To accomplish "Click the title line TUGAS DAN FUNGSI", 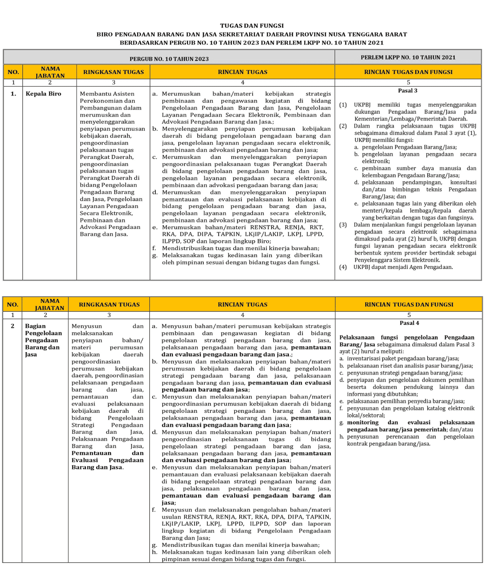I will [x=252, y=26].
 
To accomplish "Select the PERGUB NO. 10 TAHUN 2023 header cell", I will [x=169, y=59].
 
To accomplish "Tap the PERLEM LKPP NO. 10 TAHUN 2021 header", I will [x=408, y=57].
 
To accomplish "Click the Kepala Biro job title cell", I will [x=43, y=94].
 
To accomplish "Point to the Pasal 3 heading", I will [x=407, y=91].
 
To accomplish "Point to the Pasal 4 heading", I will [x=409, y=323].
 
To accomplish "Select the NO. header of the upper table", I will [x=13, y=72].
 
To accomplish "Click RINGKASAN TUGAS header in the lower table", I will [x=109, y=305].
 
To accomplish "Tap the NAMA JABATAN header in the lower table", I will [x=50, y=304].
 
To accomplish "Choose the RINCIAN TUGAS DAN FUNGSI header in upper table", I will [x=408, y=72].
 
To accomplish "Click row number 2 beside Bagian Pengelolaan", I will [x=13, y=326].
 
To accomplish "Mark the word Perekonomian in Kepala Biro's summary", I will [x=98, y=101].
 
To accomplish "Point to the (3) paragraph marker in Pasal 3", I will [x=343, y=225].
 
